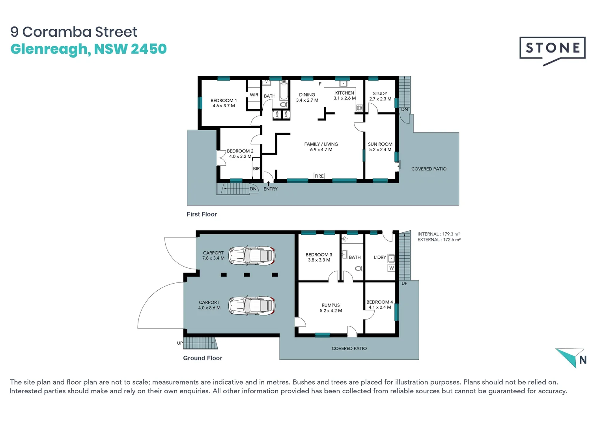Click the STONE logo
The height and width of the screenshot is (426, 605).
click(x=552, y=51)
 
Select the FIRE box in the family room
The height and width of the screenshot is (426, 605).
click(x=319, y=176)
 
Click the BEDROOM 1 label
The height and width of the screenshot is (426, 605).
click(x=224, y=101)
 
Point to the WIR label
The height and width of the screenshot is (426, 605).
click(x=254, y=95)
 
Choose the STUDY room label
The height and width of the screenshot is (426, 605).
click(x=380, y=93)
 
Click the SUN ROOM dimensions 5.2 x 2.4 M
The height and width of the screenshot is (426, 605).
click(x=380, y=149)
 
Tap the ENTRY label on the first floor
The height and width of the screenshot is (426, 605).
click(x=271, y=189)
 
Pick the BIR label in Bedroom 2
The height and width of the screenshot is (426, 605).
click(x=256, y=168)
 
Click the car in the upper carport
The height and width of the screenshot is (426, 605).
click(x=252, y=255)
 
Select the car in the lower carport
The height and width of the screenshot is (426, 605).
click(x=252, y=306)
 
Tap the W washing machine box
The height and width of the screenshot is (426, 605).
click(x=391, y=268)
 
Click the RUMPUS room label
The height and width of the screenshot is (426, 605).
click(x=331, y=305)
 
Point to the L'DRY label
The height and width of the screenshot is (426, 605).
click(x=380, y=258)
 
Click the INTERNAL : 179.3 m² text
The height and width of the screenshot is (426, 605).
click(x=439, y=234)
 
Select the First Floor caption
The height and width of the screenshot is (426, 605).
click(x=202, y=214)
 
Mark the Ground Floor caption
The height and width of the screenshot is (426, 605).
click(x=203, y=358)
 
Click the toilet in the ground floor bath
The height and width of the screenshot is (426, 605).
click(x=359, y=269)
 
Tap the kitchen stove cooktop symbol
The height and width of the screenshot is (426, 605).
click(x=359, y=108)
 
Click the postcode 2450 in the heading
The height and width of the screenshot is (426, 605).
click(x=149, y=49)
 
